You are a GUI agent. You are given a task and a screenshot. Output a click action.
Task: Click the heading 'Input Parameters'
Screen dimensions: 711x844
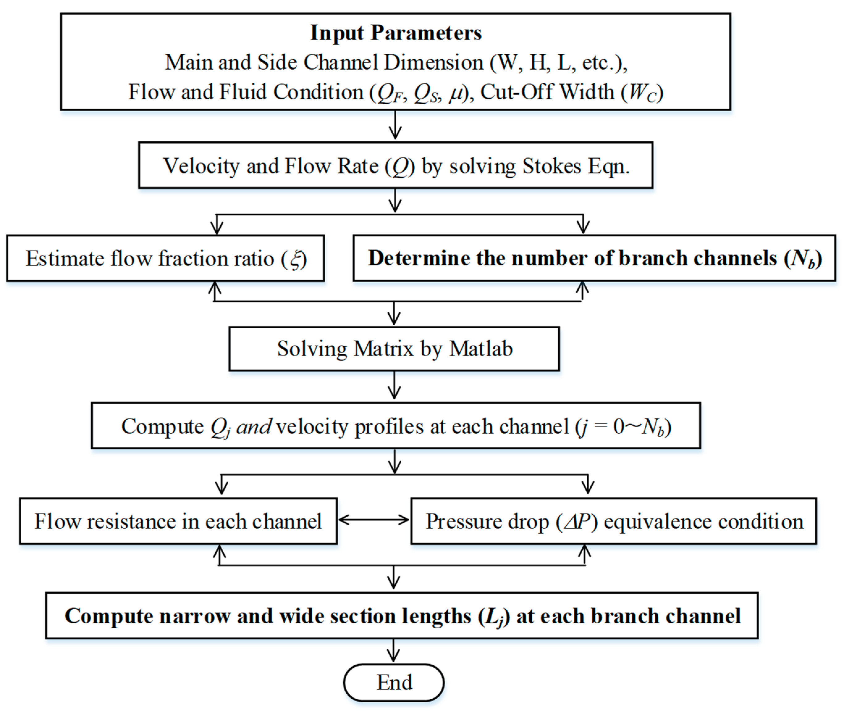(x=395, y=33)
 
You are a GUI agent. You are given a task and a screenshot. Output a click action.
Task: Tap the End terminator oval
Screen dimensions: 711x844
(x=394, y=682)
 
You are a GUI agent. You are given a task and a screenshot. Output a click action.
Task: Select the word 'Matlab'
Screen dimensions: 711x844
(x=480, y=349)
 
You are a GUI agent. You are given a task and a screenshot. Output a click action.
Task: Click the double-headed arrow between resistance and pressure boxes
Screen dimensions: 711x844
(x=373, y=520)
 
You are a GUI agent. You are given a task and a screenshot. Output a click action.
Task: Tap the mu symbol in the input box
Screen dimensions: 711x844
(x=456, y=93)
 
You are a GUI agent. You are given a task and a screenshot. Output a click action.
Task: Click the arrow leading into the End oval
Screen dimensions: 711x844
(x=393, y=650)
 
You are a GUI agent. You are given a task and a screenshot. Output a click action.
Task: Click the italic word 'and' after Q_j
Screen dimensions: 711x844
(x=254, y=426)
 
